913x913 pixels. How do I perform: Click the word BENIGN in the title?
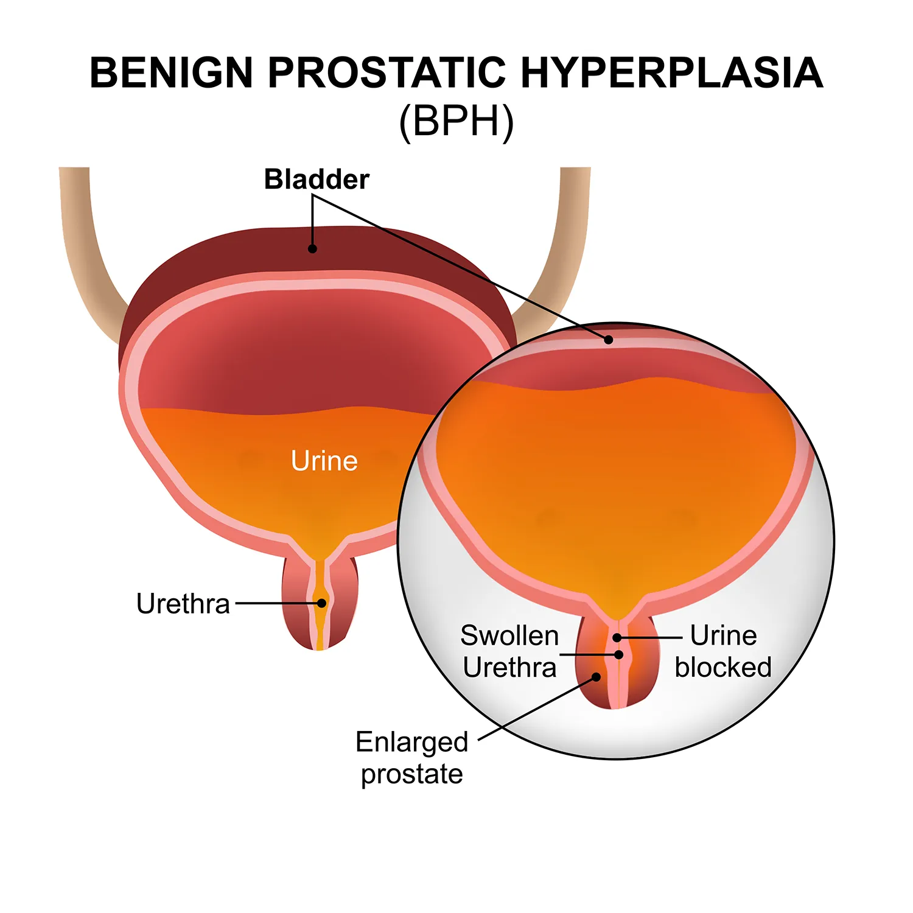pyautogui.click(x=171, y=73)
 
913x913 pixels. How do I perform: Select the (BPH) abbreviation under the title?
pyautogui.click(x=456, y=122)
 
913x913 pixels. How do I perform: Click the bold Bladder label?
pyautogui.click(x=317, y=180)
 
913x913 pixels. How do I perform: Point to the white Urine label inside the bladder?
pyautogui.click(x=324, y=461)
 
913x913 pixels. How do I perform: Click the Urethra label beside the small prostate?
pyautogui.click(x=183, y=604)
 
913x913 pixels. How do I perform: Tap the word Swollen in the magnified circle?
pyautogui.click(x=509, y=636)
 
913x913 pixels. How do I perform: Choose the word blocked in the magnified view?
pyautogui.click(x=723, y=668)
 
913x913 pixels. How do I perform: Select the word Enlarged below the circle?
pyautogui.click(x=411, y=743)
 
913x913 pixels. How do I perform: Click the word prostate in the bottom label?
pyautogui.click(x=411, y=774)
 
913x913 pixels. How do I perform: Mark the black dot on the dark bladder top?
pyautogui.click(x=312, y=248)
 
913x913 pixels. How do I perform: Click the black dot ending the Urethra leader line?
pyautogui.click(x=321, y=603)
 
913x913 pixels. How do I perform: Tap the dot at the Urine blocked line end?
pyautogui.click(x=617, y=637)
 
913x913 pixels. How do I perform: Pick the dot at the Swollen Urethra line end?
pyautogui.click(x=619, y=655)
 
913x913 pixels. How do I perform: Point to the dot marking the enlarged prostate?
pyautogui.click(x=596, y=677)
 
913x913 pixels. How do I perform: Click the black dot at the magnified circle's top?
pyautogui.click(x=608, y=340)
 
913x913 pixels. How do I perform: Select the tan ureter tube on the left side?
pyautogui.click(x=85, y=256)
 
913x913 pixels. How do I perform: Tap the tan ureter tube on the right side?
pyautogui.click(x=563, y=256)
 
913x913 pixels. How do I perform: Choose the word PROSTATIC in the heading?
pyautogui.click(x=387, y=73)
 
